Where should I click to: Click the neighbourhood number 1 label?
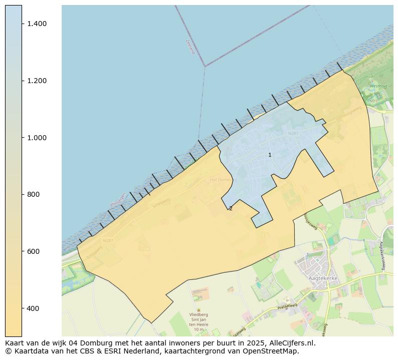coord(270,155)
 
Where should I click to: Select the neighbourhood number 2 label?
coord(231,208)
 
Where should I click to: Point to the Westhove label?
coord(379,86)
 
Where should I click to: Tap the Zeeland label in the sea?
coord(189,47)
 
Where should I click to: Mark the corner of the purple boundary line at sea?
coord(205,66)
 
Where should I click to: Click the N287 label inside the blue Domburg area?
coord(293,134)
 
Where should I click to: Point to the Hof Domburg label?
coord(222,180)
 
